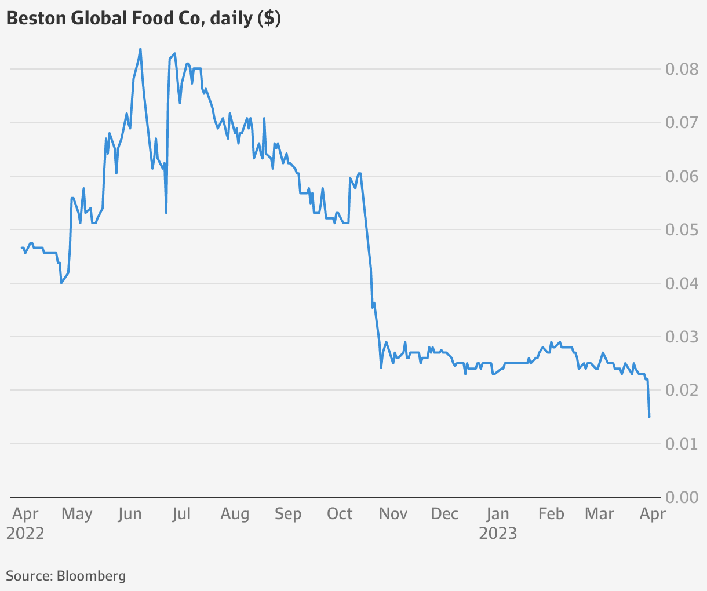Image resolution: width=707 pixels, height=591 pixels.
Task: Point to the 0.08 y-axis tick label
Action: point(682,70)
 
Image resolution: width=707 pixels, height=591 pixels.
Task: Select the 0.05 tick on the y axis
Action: point(682,230)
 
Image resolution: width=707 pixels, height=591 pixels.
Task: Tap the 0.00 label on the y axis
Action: point(682,497)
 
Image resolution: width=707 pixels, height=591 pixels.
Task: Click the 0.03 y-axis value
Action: point(682,337)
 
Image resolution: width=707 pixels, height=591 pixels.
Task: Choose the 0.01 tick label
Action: point(682,444)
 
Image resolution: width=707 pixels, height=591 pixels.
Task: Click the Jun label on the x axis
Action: point(129,514)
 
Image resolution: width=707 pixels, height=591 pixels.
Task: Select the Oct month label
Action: point(340,514)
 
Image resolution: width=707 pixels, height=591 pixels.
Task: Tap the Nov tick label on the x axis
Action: point(393,514)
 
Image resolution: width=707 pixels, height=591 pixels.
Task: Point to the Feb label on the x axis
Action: point(551,514)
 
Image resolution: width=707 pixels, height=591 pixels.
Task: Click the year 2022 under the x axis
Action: point(25,533)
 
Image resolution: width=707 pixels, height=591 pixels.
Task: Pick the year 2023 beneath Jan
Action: point(498,533)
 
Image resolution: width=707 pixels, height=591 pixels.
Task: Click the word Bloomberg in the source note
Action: point(91,576)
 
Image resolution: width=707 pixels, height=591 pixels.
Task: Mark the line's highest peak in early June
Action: point(141,49)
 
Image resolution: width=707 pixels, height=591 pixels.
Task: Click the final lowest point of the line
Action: point(649,417)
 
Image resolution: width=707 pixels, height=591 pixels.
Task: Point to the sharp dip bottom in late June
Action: point(166,213)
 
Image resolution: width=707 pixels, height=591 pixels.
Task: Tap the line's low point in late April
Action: point(61,283)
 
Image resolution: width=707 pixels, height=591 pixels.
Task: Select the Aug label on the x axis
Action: point(235,514)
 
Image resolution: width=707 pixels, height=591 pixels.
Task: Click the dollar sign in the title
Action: point(268,19)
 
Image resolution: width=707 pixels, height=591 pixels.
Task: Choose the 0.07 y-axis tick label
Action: point(682,123)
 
